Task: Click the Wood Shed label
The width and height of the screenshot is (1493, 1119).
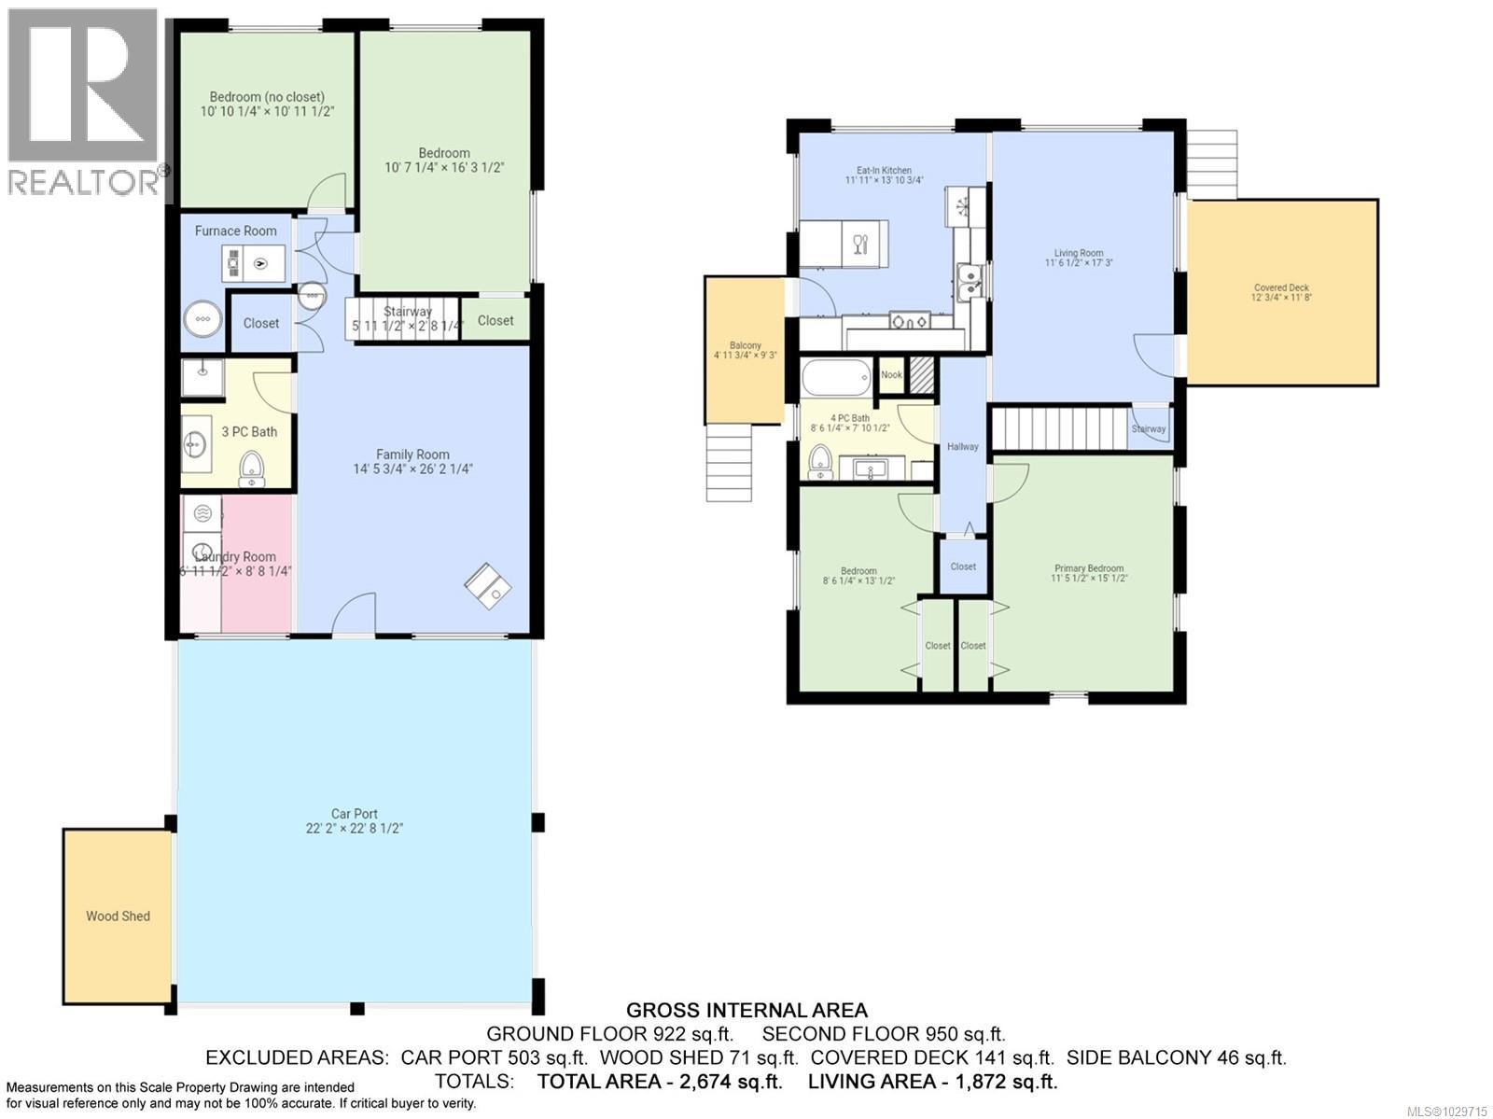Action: click(118, 916)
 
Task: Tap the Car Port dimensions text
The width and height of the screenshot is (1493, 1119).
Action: click(355, 829)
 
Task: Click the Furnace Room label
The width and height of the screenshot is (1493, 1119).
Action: click(235, 231)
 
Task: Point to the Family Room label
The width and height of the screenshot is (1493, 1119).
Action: click(412, 455)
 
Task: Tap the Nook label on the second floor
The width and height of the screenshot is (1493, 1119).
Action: click(892, 375)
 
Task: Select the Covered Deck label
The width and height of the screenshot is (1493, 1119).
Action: click(1281, 287)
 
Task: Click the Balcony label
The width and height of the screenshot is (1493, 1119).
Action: click(745, 345)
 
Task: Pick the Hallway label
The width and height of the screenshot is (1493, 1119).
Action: click(963, 447)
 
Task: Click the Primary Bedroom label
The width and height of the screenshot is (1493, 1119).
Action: click(1089, 568)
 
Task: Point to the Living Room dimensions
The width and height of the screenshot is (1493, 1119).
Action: click(1079, 263)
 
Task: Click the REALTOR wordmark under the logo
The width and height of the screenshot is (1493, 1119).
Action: click(84, 181)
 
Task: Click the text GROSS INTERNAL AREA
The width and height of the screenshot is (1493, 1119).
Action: click(746, 1010)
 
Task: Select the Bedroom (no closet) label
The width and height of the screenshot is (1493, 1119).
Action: click(267, 97)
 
